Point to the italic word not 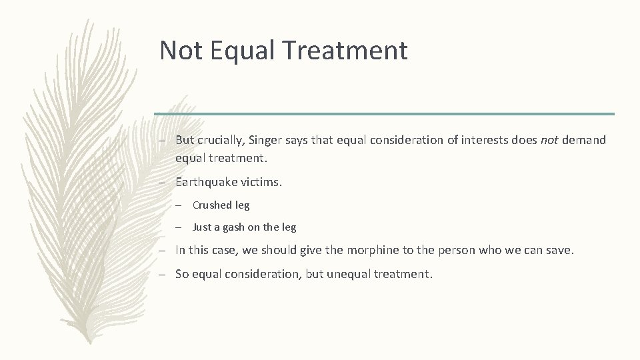(551, 140)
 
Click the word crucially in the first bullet (223, 140)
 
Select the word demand (584, 140)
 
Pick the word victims (261, 181)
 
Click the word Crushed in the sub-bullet (212, 205)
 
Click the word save (559, 251)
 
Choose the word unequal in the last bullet (349, 274)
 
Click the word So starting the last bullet (181, 274)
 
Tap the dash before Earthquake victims (163, 181)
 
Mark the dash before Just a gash (181, 227)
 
